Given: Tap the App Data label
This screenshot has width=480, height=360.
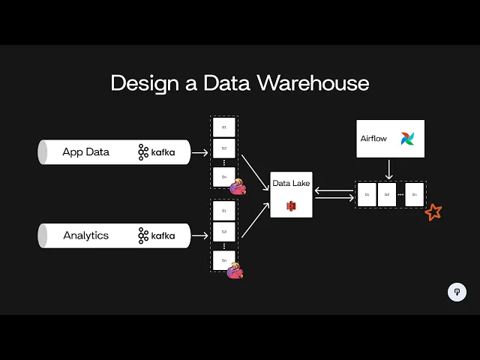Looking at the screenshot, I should [85, 152].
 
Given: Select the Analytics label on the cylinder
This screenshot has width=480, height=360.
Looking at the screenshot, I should [85, 235].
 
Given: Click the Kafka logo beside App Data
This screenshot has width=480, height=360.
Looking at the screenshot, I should [156, 152].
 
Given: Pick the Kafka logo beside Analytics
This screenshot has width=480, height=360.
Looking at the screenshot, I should [156, 235].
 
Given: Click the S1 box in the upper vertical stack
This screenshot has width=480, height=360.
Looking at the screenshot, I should [223, 127].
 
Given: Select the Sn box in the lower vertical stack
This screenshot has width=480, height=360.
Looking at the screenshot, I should [223, 260].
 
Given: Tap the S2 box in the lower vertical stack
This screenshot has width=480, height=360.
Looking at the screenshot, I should [223, 232].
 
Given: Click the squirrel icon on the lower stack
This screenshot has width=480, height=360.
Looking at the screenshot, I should [235, 269].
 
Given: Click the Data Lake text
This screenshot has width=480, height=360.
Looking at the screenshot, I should [290, 183].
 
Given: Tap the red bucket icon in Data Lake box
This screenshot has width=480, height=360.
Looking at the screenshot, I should [291, 205].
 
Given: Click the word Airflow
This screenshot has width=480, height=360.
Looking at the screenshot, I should [373, 139].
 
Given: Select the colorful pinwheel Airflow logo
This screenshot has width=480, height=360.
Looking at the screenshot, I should [406, 139].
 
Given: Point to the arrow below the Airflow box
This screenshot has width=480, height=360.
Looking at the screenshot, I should [389, 169].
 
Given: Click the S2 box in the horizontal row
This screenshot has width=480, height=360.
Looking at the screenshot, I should [387, 194].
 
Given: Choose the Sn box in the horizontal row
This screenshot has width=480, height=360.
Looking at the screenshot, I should [414, 194].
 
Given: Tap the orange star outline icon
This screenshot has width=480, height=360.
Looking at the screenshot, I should [433, 212].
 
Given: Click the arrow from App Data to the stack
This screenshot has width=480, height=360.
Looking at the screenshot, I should [199, 152].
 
